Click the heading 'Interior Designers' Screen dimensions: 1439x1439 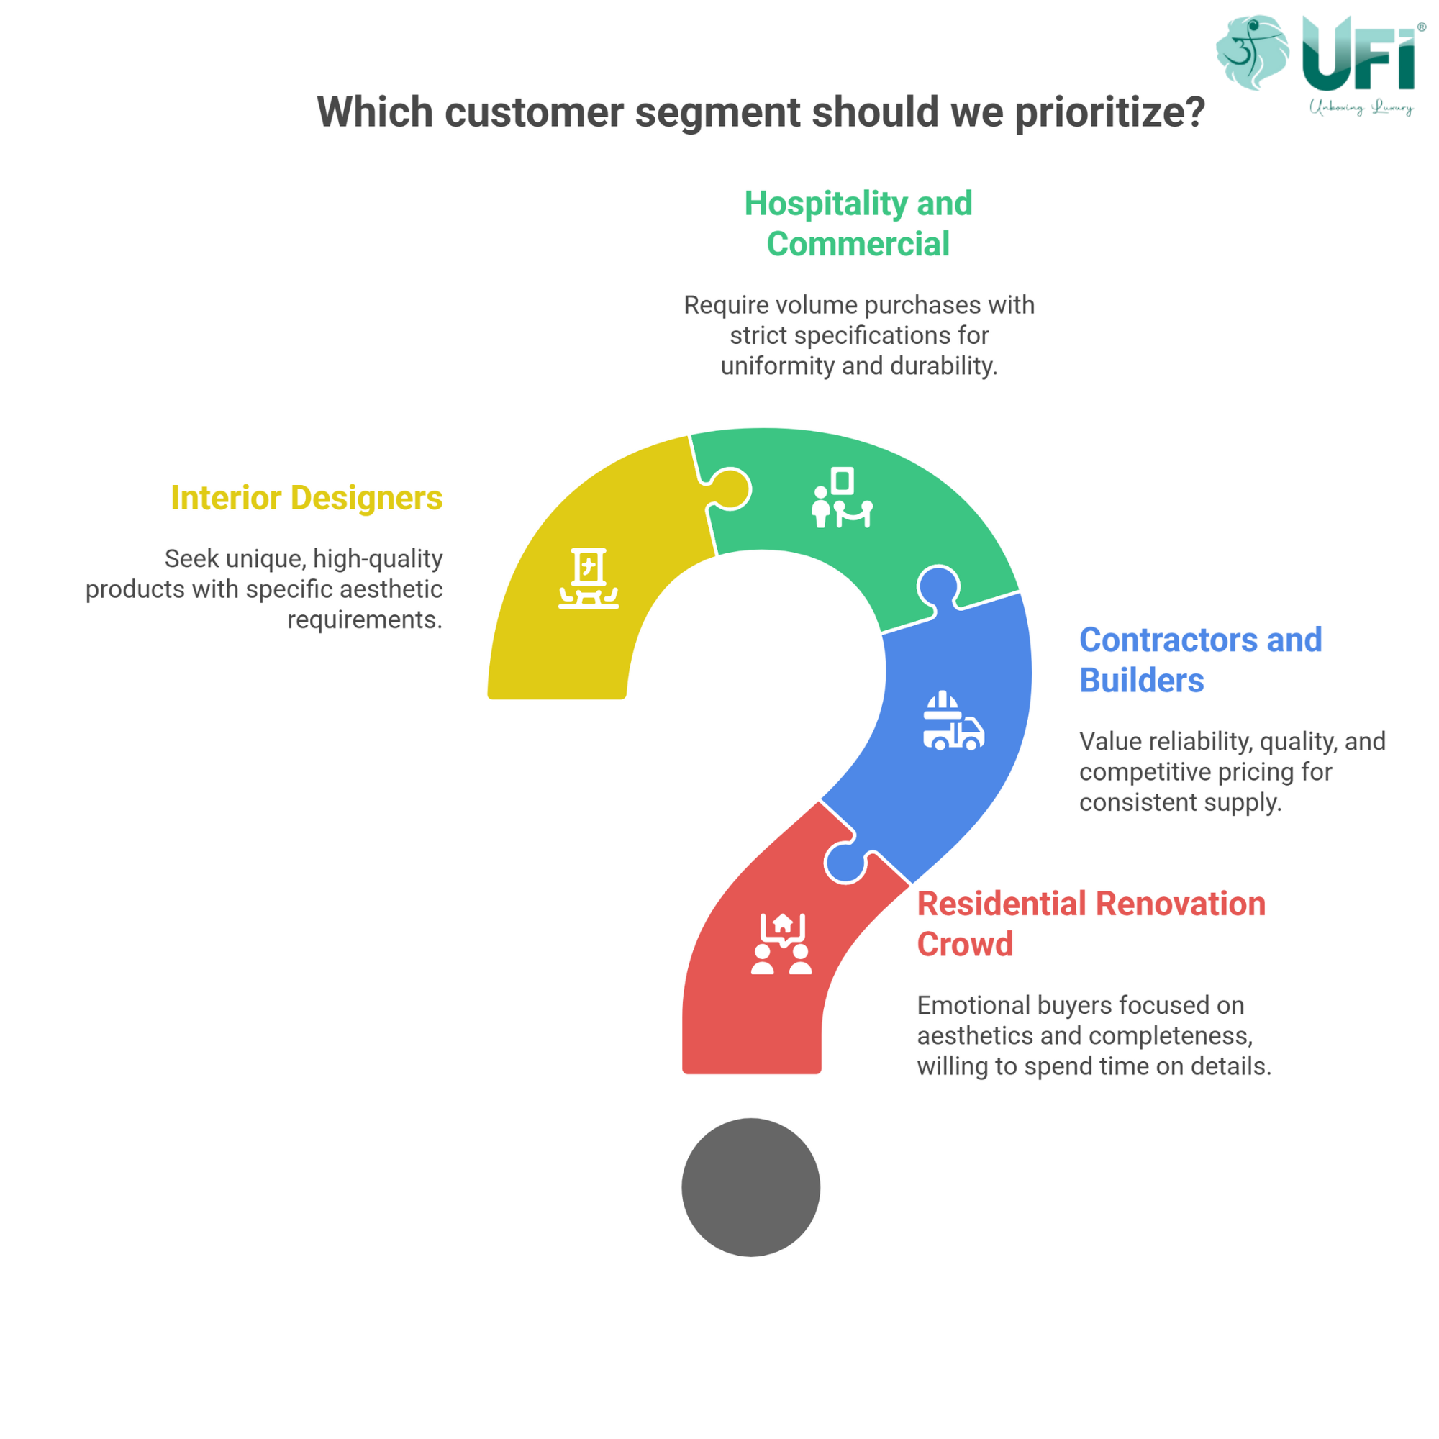click(x=307, y=498)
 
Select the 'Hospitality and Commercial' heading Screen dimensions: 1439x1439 click(x=858, y=224)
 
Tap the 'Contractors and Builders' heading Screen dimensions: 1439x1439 click(x=1200, y=660)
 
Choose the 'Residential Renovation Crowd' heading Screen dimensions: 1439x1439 click(x=1091, y=924)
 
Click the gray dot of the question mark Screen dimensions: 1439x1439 click(x=750, y=1187)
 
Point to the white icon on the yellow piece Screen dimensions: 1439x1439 click(x=589, y=578)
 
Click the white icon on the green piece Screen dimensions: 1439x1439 click(x=842, y=498)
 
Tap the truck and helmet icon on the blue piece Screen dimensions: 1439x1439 click(x=953, y=720)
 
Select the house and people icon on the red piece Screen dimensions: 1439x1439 click(x=781, y=944)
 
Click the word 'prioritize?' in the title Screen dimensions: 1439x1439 click(x=1109, y=112)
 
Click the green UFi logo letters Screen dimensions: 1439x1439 click(x=1358, y=54)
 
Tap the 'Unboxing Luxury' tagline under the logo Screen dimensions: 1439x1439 click(x=1361, y=107)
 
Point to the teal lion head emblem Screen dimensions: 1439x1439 click(x=1252, y=52)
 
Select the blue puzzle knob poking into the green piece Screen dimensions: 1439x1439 click(x=938, y=587)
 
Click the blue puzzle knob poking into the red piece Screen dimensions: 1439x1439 click(x=846, y=863)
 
